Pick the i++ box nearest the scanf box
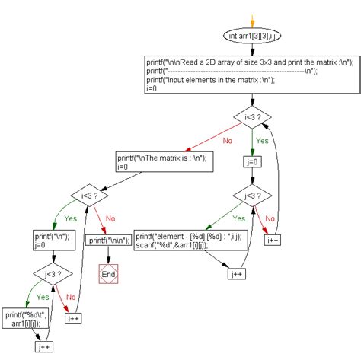tap(273, 239)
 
